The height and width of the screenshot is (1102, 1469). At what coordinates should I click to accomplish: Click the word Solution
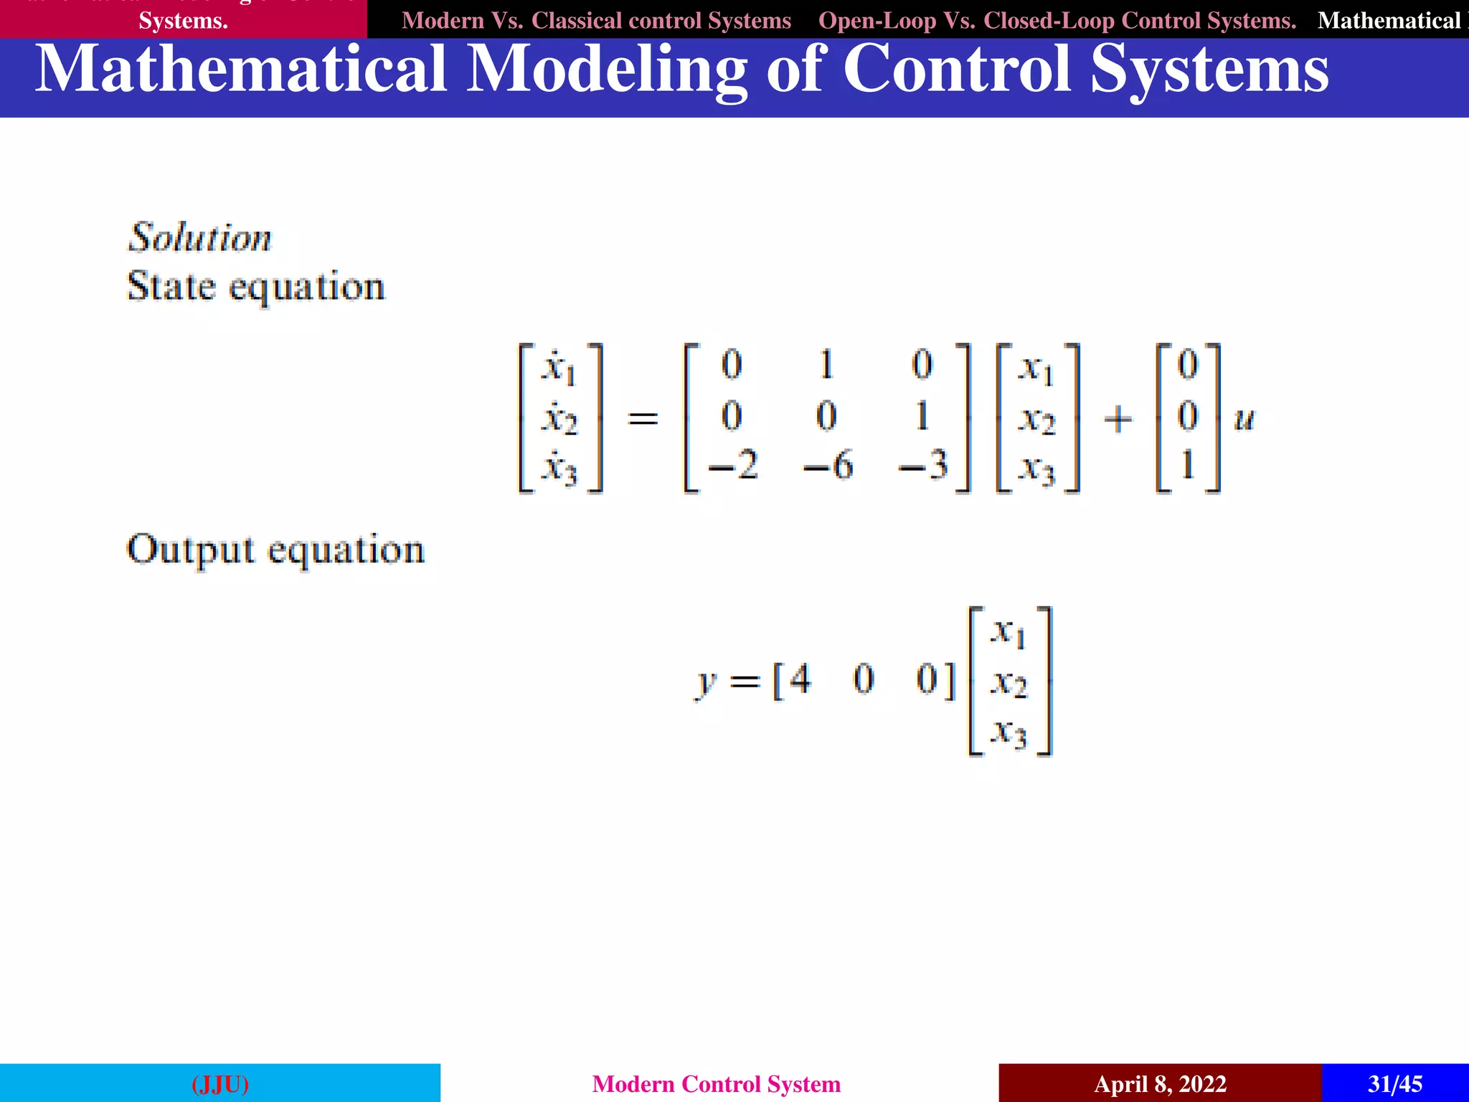200,237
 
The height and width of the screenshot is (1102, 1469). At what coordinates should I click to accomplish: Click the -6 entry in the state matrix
828,466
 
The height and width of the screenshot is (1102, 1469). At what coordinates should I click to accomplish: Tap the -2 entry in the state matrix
733,466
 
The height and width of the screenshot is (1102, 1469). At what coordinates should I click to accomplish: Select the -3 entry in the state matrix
924,466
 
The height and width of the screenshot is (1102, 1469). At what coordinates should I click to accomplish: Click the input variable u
1244,419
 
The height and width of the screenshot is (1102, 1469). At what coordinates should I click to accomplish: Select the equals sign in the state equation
643,418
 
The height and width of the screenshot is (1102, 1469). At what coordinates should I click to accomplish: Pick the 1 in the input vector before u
1188,465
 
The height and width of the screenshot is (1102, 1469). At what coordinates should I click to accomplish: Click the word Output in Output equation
190,550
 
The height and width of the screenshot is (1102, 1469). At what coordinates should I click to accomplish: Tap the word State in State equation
171,287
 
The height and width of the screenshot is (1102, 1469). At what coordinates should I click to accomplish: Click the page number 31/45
1394,1083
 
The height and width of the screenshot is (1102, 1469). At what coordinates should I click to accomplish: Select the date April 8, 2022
1160,1083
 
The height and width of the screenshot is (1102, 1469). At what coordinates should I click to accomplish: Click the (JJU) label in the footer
220,1083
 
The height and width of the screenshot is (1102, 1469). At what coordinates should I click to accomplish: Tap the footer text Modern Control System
717,1083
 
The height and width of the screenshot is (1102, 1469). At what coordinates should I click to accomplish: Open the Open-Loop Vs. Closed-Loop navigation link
1057,20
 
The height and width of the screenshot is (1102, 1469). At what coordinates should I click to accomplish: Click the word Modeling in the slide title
607,70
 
